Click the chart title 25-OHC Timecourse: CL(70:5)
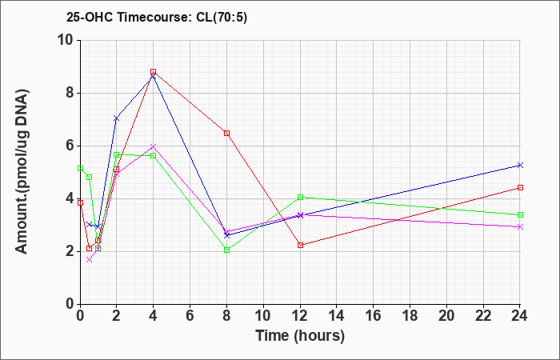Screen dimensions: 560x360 point(157,18)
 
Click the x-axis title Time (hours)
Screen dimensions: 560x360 point(300,336)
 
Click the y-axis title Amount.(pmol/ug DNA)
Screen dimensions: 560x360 point(22,172)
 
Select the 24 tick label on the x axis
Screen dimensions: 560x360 point(520,316)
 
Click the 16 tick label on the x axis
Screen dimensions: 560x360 point(374,316)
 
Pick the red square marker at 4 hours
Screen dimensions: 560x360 point(154,71)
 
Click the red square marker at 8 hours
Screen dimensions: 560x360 point(226,134)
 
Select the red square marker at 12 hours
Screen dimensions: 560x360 point(300,245)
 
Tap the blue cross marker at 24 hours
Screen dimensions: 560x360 point(520,165)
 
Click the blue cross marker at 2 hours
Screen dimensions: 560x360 point(116,118)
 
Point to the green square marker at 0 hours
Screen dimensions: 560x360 point(80,168)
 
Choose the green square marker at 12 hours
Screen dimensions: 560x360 point(300,197)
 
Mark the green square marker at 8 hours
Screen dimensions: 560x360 point(226,250)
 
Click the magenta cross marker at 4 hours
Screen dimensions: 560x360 point(154,146)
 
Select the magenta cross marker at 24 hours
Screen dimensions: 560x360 point(520,226)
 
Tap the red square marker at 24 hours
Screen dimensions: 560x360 point(520,187)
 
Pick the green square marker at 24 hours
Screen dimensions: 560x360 point(520,214)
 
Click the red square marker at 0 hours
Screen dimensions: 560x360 point(80,202)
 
